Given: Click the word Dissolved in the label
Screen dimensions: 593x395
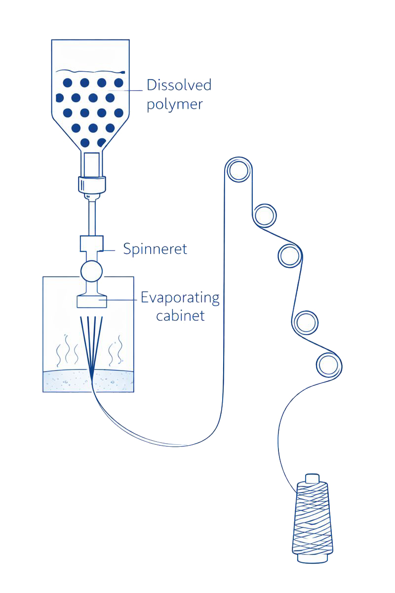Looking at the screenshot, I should [x=179, y=85].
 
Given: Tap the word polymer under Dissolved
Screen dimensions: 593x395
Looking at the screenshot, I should [x=174, y=104].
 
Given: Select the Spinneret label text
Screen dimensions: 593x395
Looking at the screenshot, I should [x=155, y=249].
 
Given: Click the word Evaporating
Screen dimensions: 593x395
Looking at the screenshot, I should [x=180, y=298].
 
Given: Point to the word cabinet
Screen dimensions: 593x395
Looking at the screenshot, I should [x=180, y=315].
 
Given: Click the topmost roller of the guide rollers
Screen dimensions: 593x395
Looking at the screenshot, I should [x=239, y=170].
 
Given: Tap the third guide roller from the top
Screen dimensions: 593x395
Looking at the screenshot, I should [x=289, y=256].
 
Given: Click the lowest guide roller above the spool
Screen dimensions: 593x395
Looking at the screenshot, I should [x=328, y=366].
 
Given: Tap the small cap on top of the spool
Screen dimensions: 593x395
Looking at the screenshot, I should [x=312, y=478].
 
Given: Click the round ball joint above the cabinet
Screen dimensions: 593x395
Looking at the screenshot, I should [x=91, y=270].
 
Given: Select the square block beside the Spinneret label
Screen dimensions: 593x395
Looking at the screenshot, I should [x=91, y=243].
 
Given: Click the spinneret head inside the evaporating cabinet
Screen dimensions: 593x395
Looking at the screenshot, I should [x=91, y=301].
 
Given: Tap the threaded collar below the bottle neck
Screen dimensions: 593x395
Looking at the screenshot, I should [x=92, y=184].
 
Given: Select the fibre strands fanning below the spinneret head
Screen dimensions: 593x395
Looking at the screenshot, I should [x=91, y=341].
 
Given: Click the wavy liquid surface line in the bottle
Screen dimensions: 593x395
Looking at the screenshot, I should [x=89, y=71].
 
